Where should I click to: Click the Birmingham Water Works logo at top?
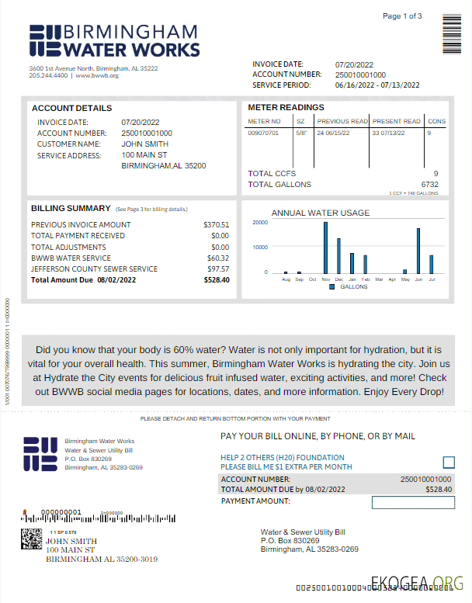click(x=114, y=40)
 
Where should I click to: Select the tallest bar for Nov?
click(x=325, y=248)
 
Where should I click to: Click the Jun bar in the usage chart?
click(x=418, y=251)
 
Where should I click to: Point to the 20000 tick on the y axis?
click(x=261, y=223)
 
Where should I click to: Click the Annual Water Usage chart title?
click(x=321, y=213)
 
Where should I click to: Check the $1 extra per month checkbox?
click(x=449, y=463)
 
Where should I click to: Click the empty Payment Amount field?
click(x=412, y=502)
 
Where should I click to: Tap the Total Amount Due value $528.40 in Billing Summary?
click(x=217, y=280)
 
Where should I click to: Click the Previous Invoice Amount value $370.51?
click(x=217, y=224)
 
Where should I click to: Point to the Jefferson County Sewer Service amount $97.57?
click(x=217, y=269)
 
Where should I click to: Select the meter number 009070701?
click(x=263, y=133)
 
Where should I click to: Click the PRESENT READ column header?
click(x=396, y=121)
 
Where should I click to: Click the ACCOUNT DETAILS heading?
click(x=71, y=109)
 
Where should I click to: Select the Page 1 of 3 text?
click(x=402, y=16)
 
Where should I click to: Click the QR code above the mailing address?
click(x=31, y=539)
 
